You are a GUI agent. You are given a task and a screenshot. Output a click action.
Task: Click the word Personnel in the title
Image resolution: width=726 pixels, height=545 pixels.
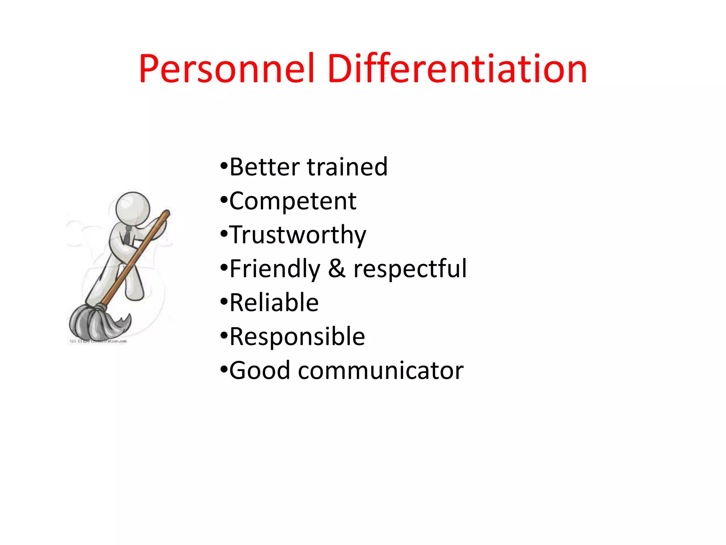coord(227,69)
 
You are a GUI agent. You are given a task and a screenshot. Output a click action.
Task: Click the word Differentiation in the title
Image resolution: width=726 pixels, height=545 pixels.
coord(457,69)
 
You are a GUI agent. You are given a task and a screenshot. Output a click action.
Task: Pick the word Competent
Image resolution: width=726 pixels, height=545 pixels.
coord(293,201)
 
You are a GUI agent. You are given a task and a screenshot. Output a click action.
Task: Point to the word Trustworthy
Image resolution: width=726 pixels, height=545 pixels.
coord(298,235)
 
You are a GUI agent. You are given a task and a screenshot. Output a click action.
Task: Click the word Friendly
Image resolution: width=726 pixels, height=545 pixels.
coord(275,269)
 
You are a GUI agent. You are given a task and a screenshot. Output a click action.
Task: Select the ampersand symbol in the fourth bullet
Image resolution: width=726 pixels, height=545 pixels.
coord(336,269)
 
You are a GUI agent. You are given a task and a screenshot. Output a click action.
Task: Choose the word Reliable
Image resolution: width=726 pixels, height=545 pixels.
coord(274,303)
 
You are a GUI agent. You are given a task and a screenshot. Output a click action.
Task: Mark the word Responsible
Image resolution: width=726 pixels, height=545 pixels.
coord(297,337)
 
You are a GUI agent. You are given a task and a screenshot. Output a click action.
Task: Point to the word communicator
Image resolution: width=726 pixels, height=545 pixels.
coord(381,371)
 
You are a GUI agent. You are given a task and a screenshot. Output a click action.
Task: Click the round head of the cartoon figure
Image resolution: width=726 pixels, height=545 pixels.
coord(133,209)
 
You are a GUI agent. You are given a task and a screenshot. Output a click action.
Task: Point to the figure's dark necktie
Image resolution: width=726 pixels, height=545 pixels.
coord(127,236)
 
